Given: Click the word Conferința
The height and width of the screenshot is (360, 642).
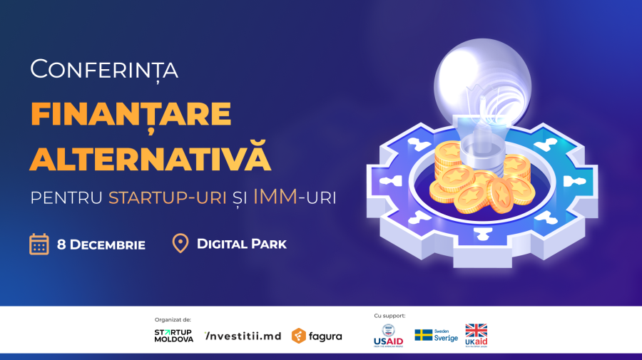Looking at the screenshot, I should click(104, 70).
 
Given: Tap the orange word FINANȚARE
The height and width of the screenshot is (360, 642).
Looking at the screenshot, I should click(131, 115).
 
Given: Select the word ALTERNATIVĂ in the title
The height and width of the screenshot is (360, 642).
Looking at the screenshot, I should click(151, 158).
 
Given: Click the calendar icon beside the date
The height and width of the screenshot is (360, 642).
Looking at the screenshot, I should click(39, 245).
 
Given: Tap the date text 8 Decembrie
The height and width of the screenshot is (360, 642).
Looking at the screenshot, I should click(101, 245).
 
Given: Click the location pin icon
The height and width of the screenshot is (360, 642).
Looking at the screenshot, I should click(181, 244).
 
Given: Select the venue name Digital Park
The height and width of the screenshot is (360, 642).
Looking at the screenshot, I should click(242, 245).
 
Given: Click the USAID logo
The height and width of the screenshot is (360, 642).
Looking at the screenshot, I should click(388, 335).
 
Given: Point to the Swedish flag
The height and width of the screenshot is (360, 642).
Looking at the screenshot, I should click(424, 335).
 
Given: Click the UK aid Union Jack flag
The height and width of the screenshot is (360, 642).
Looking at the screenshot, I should click(476, 330).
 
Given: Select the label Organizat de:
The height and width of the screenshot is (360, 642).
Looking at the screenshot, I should click(173, 319).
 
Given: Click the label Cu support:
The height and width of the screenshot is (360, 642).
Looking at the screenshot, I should click(389, 315).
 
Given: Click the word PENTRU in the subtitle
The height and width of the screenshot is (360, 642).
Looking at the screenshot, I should click(66, 197).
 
